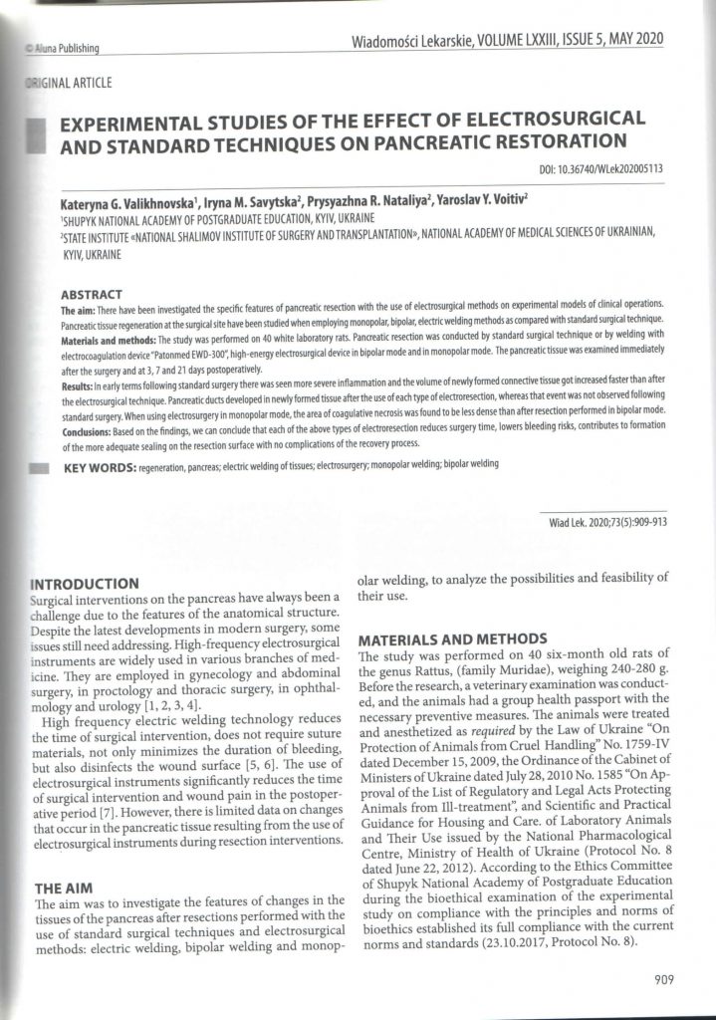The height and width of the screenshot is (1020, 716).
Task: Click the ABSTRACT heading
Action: [x=92, y=295]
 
